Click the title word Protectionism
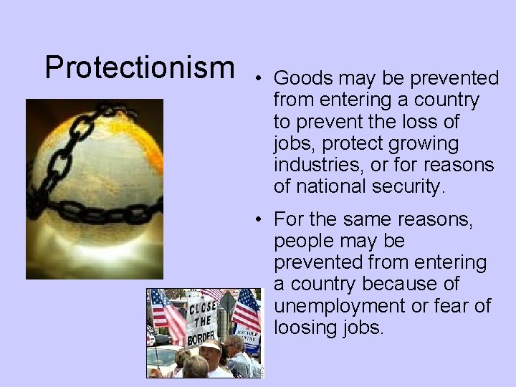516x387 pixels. [140, 67]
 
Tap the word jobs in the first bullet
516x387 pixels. [291, 143]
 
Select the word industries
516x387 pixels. [317, 165]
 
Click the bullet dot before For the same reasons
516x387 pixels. [262, 219]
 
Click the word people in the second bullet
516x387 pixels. [303, 240]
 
